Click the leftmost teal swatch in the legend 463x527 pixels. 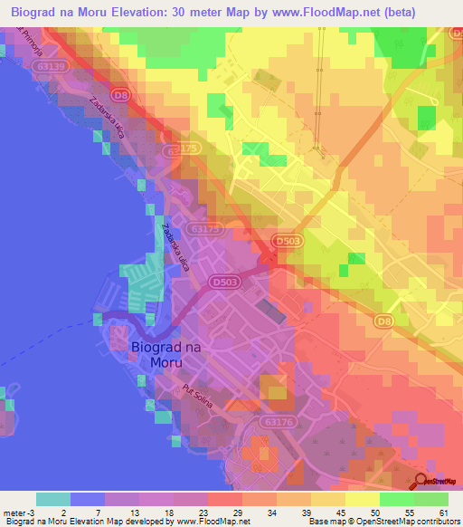click(x=52, y=499)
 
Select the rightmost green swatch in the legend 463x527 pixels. click(x=431, y=499)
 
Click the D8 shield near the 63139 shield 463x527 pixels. click(x=119, y=93)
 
